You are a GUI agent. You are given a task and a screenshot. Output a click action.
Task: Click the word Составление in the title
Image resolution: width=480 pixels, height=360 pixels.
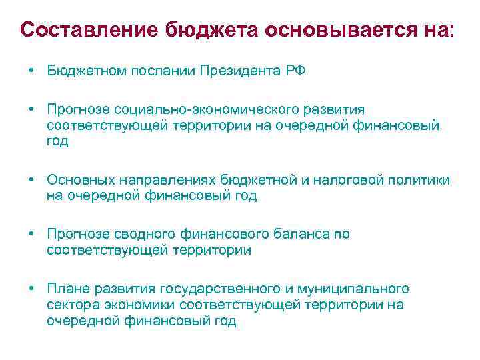(x=89, y=30)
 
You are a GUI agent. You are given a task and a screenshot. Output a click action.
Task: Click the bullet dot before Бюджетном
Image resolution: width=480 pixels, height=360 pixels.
(x=31, y=71)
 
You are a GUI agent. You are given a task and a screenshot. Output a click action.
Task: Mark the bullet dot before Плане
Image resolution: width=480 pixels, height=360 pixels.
(x=31, y=289)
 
